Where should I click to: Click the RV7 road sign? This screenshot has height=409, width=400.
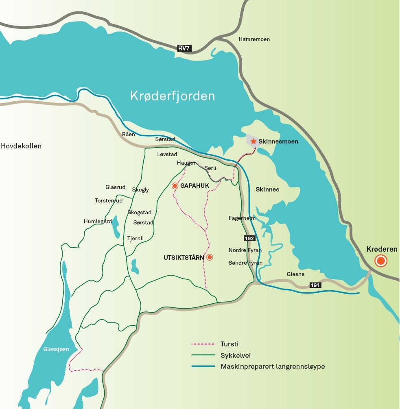click(x=184, y=48)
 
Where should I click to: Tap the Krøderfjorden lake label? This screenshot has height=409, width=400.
click(x=173, y=96)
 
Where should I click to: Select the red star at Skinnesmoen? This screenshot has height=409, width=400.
click(x=254, y=141)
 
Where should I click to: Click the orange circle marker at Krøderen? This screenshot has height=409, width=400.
click(x=381, y=261)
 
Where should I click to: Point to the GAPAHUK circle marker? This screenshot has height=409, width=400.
click(x=175, y=186)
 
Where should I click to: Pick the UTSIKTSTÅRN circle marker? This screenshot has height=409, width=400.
click(x=210, y=257)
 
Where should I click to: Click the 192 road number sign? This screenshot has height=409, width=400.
click(x=249, y=238)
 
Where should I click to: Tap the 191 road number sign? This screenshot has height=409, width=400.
click(x=315, y=285)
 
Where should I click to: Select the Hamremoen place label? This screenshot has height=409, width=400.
click(x=254, y=39)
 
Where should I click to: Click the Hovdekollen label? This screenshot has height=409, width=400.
click(x=21, y=146)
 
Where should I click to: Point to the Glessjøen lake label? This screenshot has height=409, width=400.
click(x=56, y=349)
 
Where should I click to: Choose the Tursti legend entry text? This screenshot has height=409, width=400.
click(x=230, y=344)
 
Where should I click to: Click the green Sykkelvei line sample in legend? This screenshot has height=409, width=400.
click(x=203, y=355)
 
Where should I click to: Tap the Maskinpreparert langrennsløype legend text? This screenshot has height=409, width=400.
click(x=273, y=366)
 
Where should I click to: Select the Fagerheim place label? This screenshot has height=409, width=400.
click(x=242, y=218)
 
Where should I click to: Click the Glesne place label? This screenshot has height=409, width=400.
click(x=295, y=274)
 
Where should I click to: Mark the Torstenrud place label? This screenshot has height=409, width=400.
click(x=109, y=200)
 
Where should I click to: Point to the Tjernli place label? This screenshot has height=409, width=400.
click(x=136, y=238)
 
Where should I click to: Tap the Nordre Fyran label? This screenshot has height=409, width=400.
click(x=245, y=250)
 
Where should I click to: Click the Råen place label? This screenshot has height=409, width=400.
click(x=128, y=134)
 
